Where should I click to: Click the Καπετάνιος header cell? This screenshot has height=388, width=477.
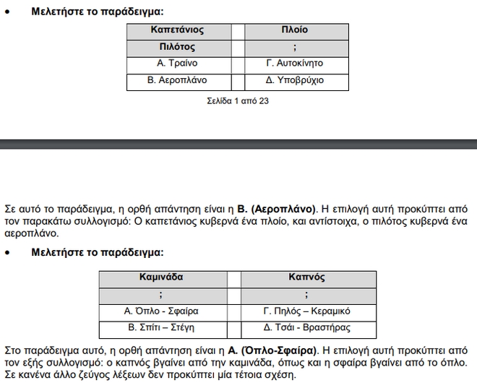tap(177, 30)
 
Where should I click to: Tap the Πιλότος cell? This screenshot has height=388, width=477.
tap(177, 47)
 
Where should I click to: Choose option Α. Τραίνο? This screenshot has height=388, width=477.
tap(177, 64)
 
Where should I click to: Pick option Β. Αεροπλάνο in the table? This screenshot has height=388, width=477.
tap(177, 80)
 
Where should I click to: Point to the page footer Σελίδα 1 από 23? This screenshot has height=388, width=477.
tap(238, 101)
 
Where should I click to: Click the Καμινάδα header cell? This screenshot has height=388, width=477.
tap(161, 277)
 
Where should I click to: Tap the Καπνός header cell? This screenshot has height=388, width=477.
tap(307, 277)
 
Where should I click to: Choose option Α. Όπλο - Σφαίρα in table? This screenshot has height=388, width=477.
tap(161, 311)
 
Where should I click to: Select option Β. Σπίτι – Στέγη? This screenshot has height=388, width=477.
tap(161, 328)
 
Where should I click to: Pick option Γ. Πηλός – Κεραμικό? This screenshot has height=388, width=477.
tap(307, 311)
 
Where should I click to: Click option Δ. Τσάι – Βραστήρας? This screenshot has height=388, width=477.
tap(307, 328)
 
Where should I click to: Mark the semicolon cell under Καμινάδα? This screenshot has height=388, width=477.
tap(161, 294)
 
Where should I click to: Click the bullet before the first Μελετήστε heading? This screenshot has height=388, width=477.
tap(7, 12)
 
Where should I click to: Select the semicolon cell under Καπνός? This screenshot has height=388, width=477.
tap(307, 294)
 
